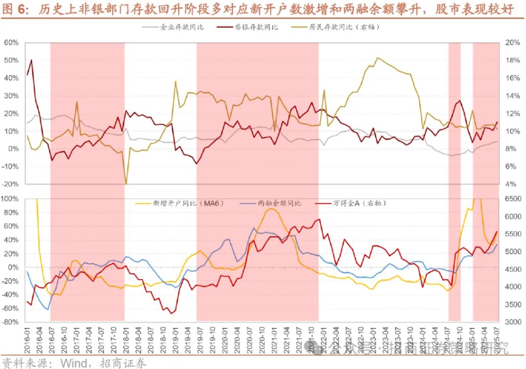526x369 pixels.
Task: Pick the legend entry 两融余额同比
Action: tap(279, 203)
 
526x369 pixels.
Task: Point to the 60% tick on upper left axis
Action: tap(11, 43)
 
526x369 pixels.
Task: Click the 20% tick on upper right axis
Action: tap(513, 43)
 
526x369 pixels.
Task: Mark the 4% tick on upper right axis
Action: tap(511, 184)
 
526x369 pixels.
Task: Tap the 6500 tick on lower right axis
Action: tap(514, 199)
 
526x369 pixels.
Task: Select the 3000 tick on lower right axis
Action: tap(514, 322)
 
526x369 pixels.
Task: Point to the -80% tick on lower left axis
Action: tap(10, 322)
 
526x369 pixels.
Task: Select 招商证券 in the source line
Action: tap(125, 362)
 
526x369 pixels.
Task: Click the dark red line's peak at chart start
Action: tap(31, 60)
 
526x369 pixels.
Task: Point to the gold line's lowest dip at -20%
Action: tap(126, 184)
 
